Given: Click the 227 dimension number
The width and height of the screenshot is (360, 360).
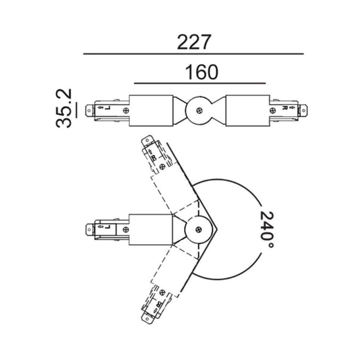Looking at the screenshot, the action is click(x=194, y=42).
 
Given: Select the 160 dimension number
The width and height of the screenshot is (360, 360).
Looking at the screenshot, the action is click(x=201, y=72).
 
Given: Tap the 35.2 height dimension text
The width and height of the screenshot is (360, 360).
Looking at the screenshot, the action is click(x=64, y=108).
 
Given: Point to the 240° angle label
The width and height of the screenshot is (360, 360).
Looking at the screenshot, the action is click(x=267, y=229).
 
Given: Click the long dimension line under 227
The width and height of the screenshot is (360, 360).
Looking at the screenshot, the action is click(x=193, y=54).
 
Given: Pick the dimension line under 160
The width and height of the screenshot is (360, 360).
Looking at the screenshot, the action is click(x=199, y=83).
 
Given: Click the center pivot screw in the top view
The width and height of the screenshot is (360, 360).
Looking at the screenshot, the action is click(x=199, y=110).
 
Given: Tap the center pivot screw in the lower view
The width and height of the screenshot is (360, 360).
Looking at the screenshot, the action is click(x=198, y=229).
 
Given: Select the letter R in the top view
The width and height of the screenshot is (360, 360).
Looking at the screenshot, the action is click(x=284, y=107).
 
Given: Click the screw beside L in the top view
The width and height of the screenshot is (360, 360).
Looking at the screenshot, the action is click(x=126, y=110).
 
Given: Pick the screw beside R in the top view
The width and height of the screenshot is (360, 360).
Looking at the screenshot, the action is click(x=272, y=110).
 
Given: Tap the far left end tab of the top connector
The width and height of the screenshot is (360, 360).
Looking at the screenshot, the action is click(x=89, y=111).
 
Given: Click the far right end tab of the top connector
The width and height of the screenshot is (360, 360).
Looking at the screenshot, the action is click(x=303, y=110).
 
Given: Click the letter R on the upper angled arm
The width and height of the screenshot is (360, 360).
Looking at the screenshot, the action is click(x=153, y=157).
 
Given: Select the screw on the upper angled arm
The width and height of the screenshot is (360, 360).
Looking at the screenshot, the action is click(x=162, y=166).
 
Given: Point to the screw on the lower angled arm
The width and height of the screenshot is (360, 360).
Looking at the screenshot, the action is click(x=162, y=292).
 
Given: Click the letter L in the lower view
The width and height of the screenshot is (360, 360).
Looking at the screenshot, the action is click(x=107, y=226).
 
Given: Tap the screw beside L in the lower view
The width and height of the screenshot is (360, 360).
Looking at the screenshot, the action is click(x=126, y=229).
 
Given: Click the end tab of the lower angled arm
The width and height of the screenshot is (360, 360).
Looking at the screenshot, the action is click(x=147, y=318).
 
